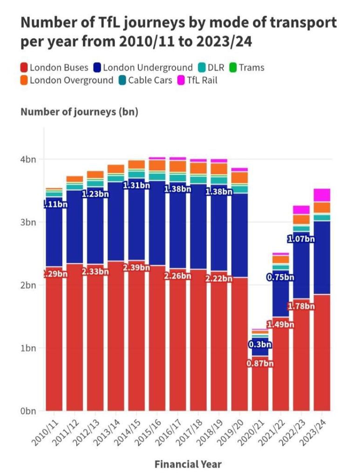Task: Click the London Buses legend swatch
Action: (25, 68)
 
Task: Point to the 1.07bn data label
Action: (301, 240)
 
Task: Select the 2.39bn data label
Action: (137, 268)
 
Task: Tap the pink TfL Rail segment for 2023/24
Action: (322, 195)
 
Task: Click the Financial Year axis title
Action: (188, 464)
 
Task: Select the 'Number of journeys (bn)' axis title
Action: (80, 112)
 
